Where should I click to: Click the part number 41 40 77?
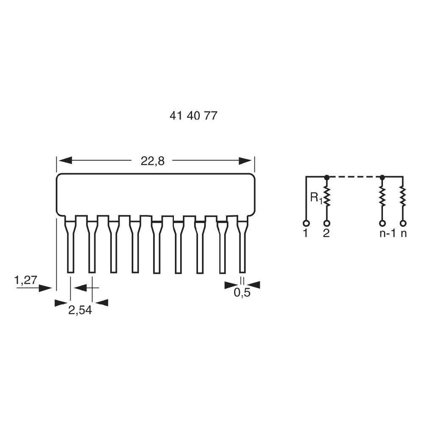[x=193, y=116]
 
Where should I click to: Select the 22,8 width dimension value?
[x=152, y=161]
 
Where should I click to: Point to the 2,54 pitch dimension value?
[x=80, y=310]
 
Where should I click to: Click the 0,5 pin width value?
[x=242, y=293]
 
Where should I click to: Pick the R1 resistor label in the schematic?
[x=316, y=198]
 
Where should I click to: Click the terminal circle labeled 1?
[x=306, y=223]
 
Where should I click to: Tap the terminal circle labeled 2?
[x=326, y=223]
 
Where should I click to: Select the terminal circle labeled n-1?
[x=382, y=223]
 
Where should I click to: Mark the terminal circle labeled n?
[x=403, y=223]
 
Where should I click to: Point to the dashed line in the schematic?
[x=354, y=177]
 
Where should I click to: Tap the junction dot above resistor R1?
[x=326, y=177]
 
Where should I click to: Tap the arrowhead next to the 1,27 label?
[x=45, y=288]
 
